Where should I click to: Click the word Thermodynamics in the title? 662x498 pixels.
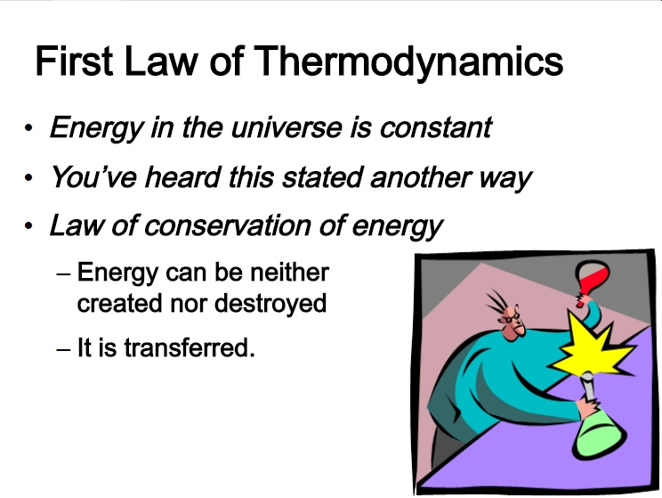tap(408, 62)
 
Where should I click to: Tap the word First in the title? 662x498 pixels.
tap(74, 61)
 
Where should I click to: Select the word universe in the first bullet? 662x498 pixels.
tap(287, 127)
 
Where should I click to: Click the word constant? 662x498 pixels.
tap(436, 127)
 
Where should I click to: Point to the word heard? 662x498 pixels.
tap(182, 176)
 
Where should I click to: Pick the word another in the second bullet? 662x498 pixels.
tap(420, 177)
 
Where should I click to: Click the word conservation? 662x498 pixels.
tap(228, 225)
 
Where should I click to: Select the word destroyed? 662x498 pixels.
tap(270, 304)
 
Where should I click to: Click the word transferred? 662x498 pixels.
tap(190, 348)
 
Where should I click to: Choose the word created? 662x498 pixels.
tap(119, 304)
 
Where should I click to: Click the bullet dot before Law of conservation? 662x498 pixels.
tap(28, 225)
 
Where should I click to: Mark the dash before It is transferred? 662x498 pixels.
tap(63, 349)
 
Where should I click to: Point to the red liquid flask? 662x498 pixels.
tap(591, 280)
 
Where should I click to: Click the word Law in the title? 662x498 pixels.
tap(161, 61)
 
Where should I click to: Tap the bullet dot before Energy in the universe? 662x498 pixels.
tap(28, 127)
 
